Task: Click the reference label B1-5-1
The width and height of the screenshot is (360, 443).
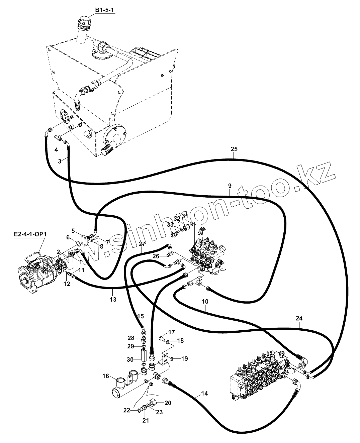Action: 105,11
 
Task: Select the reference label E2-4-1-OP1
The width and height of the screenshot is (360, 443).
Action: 30,234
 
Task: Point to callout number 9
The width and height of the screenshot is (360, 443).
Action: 230,185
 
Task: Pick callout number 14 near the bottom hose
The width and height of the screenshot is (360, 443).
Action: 204,394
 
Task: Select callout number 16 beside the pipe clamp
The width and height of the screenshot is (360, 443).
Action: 106,376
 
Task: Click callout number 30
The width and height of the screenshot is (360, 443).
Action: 130,359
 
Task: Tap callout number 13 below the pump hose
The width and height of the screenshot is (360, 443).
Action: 113,300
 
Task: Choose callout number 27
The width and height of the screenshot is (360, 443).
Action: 133,244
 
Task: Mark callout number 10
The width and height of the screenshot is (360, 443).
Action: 205,301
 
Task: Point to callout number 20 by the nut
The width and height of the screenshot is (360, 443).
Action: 168,403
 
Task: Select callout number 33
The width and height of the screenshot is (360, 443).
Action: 170,224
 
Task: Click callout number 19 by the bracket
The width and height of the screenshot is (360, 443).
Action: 185,359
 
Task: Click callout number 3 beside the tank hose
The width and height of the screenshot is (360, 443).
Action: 60,161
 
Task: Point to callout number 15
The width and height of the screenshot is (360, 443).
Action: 141,316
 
